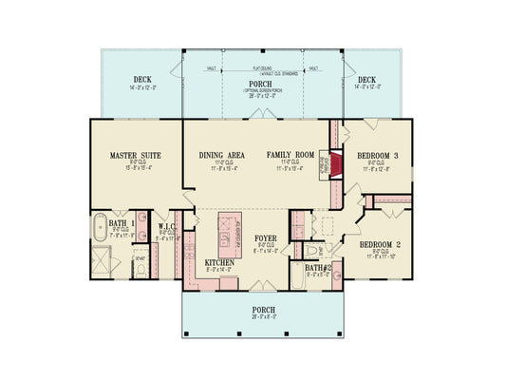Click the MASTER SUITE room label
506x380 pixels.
(x=134, y=154)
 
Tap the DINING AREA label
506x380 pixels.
(x=223, y=154)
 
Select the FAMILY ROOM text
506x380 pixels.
(x=290, y=154)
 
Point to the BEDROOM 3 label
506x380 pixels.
(x=378, y=155)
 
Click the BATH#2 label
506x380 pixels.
(x=317, y=269)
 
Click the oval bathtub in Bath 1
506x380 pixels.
(x=100, y=231)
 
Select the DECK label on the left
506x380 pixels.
(x=142, y=81)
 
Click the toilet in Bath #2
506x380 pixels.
(x=309, y=250)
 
